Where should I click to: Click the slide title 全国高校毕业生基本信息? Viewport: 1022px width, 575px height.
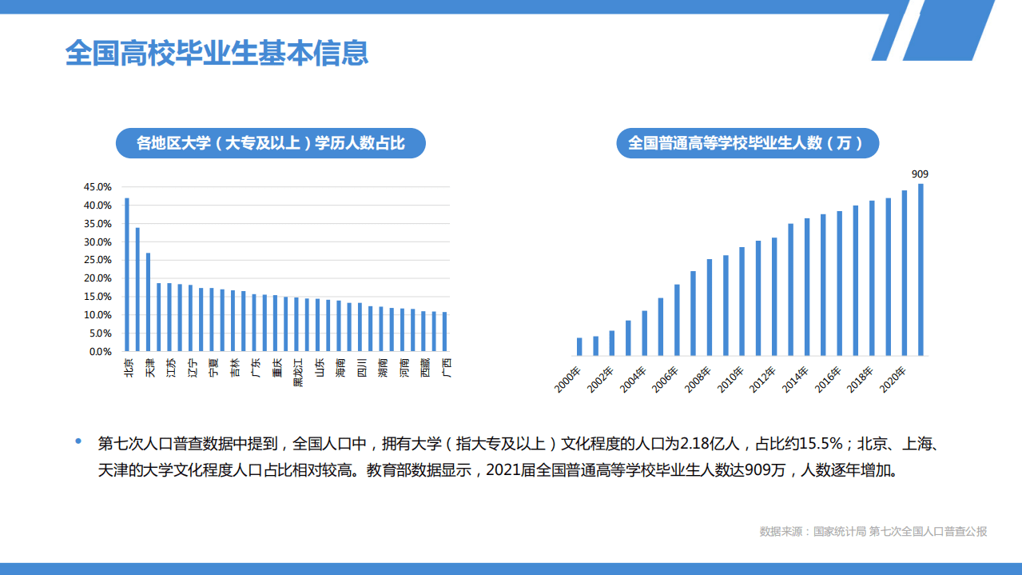[217, 53]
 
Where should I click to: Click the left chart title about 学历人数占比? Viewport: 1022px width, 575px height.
[271, 144]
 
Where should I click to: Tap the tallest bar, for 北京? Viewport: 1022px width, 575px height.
[127, 274]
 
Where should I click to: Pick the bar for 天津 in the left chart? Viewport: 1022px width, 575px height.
[148, 301]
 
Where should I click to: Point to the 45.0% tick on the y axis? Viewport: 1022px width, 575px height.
[97, 187]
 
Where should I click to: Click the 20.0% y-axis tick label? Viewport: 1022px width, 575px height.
[97, 278]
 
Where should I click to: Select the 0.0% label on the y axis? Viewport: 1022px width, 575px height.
[100, 352]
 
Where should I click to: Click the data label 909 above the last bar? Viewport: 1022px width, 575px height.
[920, 174]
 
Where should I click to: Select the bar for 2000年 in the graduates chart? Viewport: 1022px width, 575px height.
[579, 346]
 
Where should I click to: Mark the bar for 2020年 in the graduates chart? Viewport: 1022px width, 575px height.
[905, 273]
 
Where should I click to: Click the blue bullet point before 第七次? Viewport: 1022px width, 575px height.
[78, 441]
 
